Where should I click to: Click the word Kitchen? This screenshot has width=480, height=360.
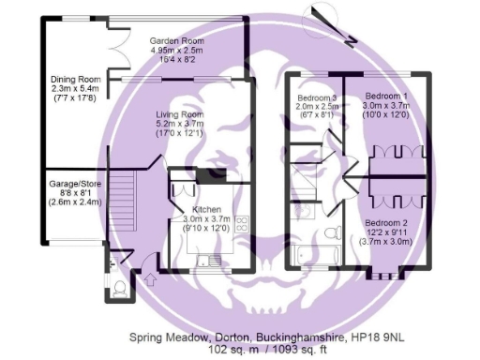click(x=205, y=209)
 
